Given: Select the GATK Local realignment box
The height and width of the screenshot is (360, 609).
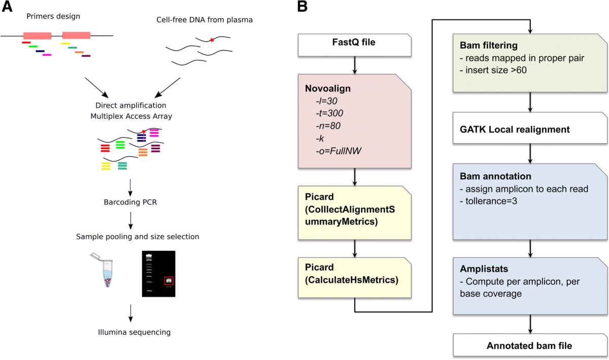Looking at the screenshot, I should pos(514,129).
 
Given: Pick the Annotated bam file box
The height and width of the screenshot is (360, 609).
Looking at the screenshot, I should pos(529,346).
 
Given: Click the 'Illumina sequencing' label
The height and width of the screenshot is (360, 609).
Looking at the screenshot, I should pos(131,333).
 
